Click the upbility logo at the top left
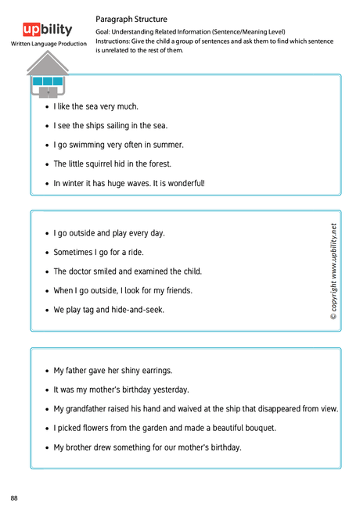(48, 30)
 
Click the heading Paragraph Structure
(131, 19)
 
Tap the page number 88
(15, 498)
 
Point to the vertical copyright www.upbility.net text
(333, 271)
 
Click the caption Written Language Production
(49, 44)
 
